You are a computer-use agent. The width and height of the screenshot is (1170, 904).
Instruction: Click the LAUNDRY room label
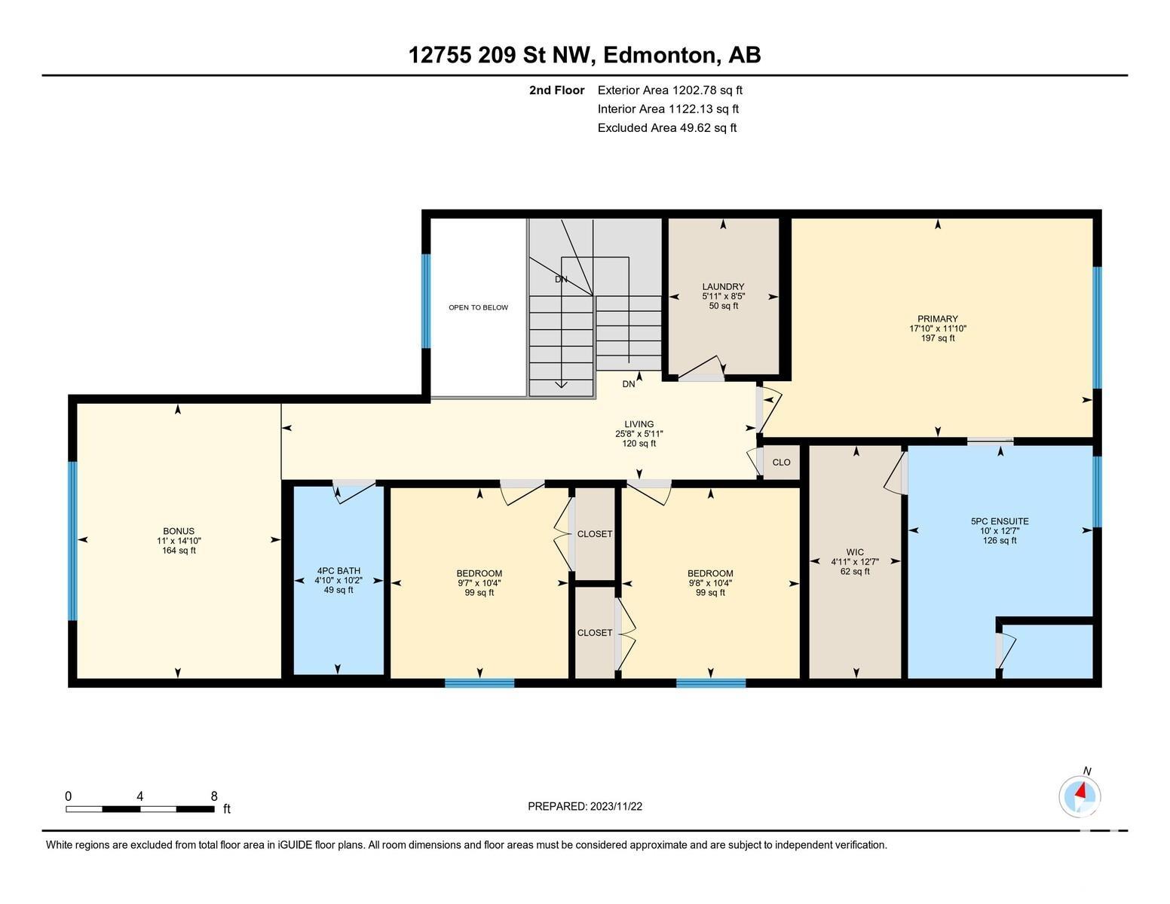point(723,286)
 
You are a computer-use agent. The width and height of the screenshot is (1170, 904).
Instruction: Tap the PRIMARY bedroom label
point(938,319)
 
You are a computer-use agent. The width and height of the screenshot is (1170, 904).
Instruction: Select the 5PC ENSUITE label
point(1000,521)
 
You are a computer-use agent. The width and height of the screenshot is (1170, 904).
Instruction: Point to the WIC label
point(855,551)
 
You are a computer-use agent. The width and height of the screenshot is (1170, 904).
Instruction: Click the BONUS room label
point(179,531)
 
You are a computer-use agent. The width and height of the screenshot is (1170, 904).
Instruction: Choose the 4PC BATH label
point(338,570)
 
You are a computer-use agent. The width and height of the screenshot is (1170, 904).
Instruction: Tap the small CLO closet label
point(781,462)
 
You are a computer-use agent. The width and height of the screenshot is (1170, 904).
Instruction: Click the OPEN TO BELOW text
point(478,307)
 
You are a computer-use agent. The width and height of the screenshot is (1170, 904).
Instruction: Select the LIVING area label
point(639,424)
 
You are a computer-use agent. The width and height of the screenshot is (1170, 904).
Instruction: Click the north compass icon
point(1080,796)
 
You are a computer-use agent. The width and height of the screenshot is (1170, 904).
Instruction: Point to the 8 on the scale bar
point(214,796)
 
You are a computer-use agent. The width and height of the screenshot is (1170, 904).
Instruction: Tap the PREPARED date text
point(585,806)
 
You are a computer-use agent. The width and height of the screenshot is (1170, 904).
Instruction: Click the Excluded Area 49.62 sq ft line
point(667,128)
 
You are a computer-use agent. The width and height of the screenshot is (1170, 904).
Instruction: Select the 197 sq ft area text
point(938,338)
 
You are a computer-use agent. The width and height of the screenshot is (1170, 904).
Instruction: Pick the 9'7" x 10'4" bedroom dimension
point(479,583)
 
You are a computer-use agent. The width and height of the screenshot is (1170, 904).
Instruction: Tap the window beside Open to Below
point(426,301)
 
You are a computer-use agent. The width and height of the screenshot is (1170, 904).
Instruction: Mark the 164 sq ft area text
point(179,550)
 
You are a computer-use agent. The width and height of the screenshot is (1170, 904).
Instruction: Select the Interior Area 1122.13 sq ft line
point(668,109)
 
